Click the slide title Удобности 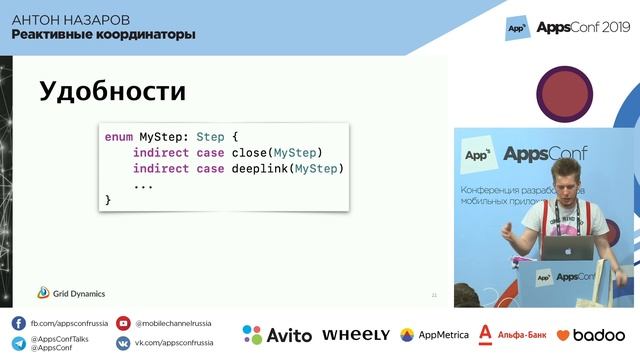pos(112,92)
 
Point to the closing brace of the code pos(108,200)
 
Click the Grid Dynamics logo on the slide pos(71,293)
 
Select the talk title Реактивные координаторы pos(103,35)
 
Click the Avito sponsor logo pos(277,335)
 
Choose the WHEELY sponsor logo pos(356,335)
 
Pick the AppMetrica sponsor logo pos(436,335)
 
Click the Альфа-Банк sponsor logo pos(511,334)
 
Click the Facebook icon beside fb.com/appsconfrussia pos(19,324)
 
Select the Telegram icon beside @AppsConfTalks pos(19,343)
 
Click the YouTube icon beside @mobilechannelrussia pos(123,324)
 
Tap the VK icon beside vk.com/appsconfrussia pos(123,343)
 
